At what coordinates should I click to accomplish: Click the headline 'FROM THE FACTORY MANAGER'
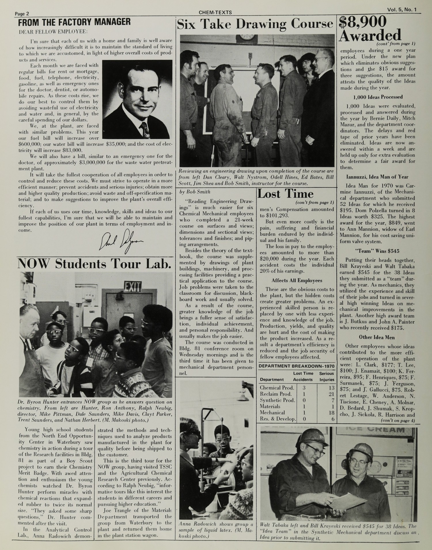tap(74, 22)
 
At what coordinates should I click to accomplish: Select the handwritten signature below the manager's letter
tap(121, 241)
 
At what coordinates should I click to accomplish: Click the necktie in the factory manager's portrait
tap(144, 129)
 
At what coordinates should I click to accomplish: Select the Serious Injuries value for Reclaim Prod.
tap(331, 394)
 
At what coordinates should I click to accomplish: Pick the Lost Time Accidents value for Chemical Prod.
tap(304, 388)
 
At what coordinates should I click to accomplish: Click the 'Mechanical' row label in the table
tap(272, 413)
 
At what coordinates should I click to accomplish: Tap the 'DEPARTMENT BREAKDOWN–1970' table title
tap(297, 366)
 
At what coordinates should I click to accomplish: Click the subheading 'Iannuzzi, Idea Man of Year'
tap(377, 177)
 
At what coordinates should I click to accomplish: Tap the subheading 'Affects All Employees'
tap(297, 281)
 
